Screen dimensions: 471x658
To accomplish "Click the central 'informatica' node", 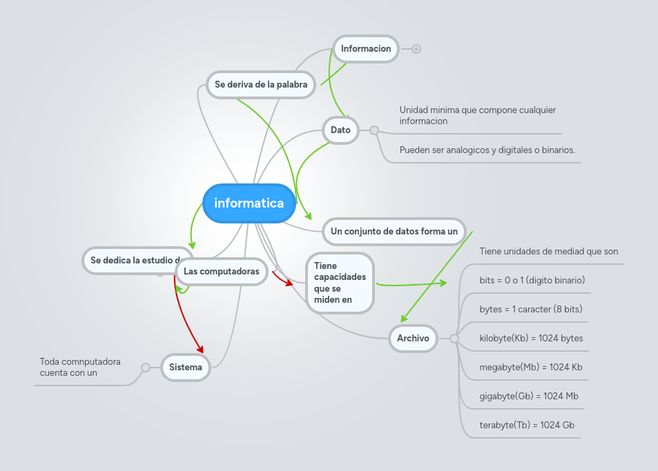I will pyautogui.click(x=249, y=203).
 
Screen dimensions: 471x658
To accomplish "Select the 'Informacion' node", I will pyautogui.click(x=366, y=49).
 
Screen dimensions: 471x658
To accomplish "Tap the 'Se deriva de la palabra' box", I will pyautogui.click(x=261, y=85).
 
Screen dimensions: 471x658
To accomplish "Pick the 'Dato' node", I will pyautogui.click(x=340, y=130).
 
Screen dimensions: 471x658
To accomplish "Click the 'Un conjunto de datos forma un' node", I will pyautogui.click(x=394, y=231).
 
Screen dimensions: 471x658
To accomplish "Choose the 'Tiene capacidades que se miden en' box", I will pyautogui.click(x=340, y=283).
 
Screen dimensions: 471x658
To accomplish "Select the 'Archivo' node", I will pyautogui.click(x=413, y=338).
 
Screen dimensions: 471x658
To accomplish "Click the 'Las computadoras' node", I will pyautogui.click(x=221, y=272).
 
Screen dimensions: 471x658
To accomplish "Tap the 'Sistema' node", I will pyautogui.click(x=186, y=367).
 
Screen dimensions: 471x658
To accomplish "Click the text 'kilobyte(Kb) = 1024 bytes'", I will pyautogui.click(x=531, y=338).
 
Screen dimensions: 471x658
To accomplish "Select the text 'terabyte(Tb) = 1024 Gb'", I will pyautogui.click(x=527, y=425).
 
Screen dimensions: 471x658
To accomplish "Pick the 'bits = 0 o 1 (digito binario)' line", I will pyautogui.click(x=532, y=280).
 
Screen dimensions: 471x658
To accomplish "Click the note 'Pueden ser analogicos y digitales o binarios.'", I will pyautogui.click(x=487, y=150).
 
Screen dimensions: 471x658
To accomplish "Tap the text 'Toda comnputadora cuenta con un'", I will pyautogui.click(x=80, y=367).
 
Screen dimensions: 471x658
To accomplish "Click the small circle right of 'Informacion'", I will pyautogui.click(x=416, y=49).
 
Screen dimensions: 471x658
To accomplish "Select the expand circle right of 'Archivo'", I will pyautogui.click(x=454, y=338).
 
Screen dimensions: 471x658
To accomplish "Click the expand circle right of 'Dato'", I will pyautogui.click(x=374, y=130).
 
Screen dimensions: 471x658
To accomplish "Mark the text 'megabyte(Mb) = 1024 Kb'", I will pyautogui.click(x=530, y=367).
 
